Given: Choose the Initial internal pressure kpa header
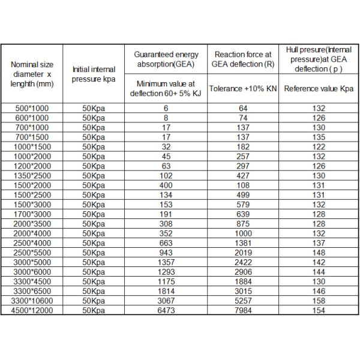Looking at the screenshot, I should tap(93, 74).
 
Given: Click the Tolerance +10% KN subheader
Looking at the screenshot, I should tap(243, 88).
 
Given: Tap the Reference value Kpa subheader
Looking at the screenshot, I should tap(319, 88).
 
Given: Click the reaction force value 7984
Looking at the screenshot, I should tap(243, 311).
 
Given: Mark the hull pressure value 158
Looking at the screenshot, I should tap(319, 301).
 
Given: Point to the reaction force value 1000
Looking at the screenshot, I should tap(243, 233).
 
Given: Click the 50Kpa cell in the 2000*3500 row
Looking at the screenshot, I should tap(93, 224).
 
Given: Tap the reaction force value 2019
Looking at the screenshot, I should tap(243, 253).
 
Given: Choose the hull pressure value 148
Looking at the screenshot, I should tap(319, 253).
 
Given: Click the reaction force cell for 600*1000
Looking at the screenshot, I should tap(243, 118).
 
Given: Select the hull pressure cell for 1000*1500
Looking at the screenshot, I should tap(319, 146).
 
